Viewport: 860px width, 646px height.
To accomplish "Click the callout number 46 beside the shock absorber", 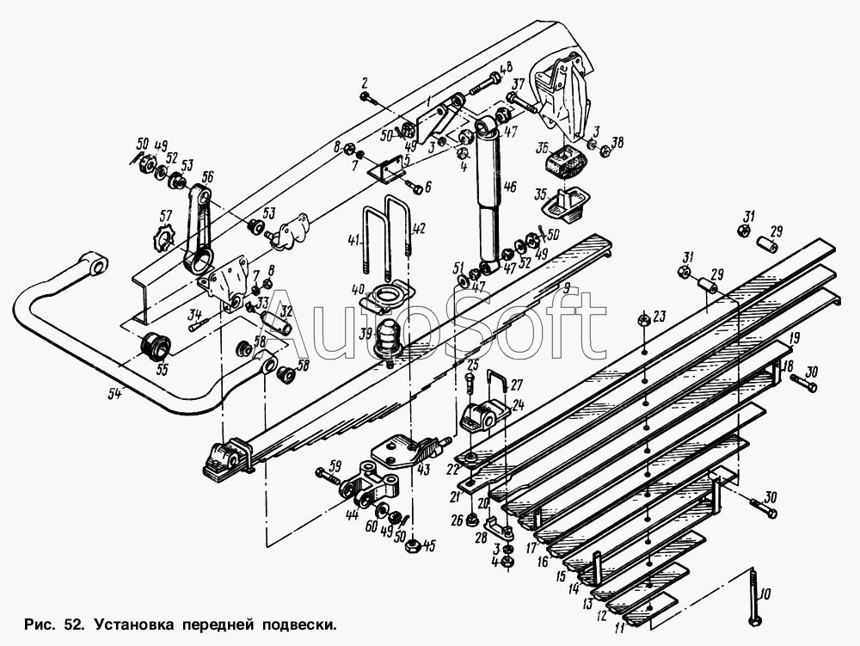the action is tap(509, 187).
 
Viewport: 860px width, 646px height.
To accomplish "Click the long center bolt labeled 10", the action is tap(755, 596).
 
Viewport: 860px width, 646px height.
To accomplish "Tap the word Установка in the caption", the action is tap(133, 624).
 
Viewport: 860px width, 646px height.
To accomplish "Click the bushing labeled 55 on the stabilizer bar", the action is tap(155, 346).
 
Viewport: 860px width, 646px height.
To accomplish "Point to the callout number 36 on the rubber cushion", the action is tap(543, 147).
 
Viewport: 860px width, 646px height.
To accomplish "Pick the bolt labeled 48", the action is tap(484, 83).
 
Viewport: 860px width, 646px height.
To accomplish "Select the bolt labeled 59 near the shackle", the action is tap(329, 475).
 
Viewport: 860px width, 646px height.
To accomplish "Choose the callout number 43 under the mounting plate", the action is tap(423, 470).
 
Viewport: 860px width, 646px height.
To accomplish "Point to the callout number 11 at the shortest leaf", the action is tap(620, 627).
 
